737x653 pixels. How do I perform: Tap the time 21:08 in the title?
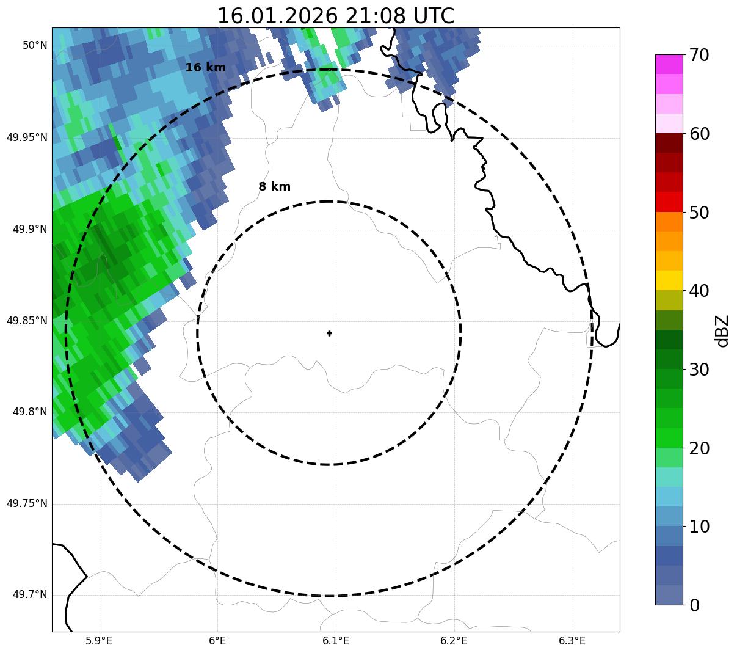point(375,16)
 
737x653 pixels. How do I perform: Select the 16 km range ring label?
point(205,68)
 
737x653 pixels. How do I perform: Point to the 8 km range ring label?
point(274,187)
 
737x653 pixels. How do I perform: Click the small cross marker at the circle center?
point(329,333)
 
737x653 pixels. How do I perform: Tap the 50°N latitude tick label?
point(35,45)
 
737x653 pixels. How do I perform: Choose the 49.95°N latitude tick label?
point(27,137)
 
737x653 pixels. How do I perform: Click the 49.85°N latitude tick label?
point(27,321)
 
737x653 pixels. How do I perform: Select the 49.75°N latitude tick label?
point(27,503)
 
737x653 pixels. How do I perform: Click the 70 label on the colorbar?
point(700,56)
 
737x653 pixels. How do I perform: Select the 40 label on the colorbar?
point(700,291)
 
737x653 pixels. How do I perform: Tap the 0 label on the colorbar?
point(695,605)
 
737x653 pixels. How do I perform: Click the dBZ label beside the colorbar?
point(722,331)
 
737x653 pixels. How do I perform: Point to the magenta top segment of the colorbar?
point(669,64)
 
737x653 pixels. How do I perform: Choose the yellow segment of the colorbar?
point(669,280)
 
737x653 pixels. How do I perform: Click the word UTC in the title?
point(434,16)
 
